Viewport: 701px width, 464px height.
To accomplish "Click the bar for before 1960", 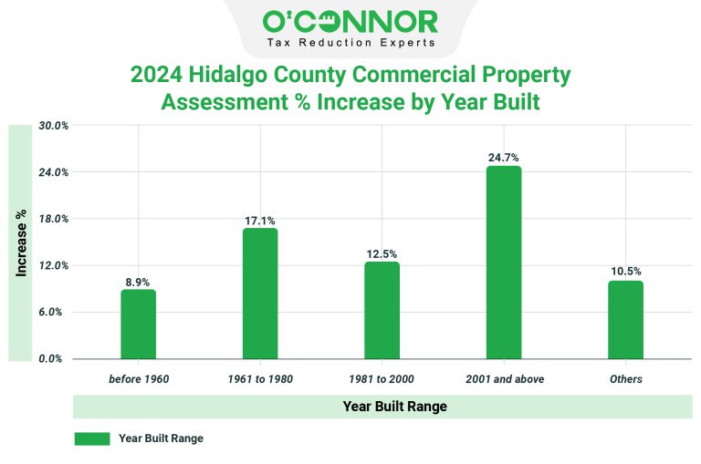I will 138,325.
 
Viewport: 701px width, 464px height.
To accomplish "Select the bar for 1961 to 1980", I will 260,294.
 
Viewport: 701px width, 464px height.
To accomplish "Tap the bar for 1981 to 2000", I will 382,311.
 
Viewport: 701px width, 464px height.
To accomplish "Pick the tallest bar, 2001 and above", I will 504,263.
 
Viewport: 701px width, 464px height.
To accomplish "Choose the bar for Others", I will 626,320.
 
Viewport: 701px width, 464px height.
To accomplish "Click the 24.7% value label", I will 504,158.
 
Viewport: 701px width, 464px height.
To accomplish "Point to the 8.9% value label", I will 138,282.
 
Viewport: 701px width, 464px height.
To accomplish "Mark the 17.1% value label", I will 260,221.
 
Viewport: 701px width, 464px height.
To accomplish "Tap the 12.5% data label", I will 382,254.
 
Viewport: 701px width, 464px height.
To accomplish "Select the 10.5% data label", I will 626,272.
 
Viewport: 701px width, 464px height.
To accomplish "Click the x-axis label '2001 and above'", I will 504,378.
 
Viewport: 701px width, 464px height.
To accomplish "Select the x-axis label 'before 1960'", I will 138,378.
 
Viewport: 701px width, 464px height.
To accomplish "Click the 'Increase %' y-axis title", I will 21,242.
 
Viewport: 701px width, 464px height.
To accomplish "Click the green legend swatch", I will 91,438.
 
